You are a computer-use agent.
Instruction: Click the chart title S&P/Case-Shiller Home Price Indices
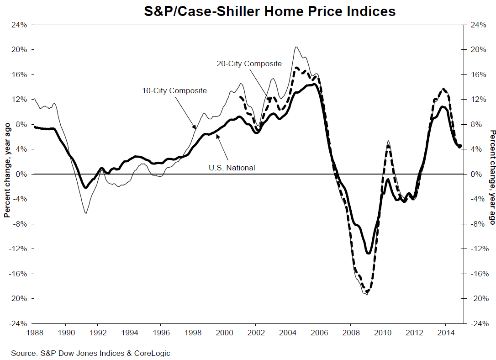(270, 11)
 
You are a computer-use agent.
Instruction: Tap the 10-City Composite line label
(174, 90)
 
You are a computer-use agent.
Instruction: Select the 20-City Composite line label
(249, 64)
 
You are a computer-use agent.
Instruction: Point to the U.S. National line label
(232, 168)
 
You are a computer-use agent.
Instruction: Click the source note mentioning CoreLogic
(90, 353)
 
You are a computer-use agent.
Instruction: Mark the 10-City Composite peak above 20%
(296, 47)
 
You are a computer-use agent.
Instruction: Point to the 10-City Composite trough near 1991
(85, 213)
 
